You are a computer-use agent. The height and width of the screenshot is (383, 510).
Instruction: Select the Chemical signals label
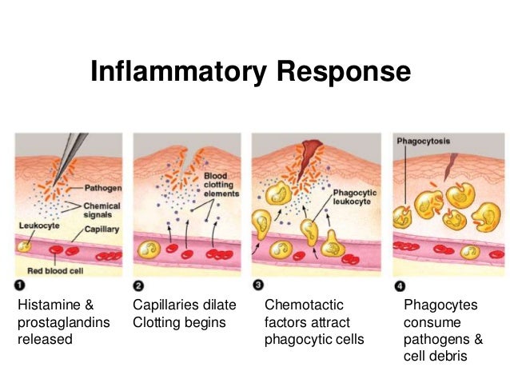[x=103, y=209]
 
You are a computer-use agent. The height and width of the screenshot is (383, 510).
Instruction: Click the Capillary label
[x=103, y=229]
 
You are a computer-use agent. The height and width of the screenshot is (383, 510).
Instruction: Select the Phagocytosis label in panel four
[x=424, y=142]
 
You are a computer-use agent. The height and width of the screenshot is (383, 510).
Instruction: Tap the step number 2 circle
[x=138, y=285]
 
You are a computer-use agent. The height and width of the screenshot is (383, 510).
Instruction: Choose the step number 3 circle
[x=257, y=285]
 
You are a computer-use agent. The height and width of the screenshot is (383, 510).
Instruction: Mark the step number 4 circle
[x=400, y=285]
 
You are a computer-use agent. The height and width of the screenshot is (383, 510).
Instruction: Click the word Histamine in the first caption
[x=50, y=305]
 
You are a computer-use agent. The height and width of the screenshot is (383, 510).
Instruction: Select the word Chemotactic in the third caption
[x=304, y=305]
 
